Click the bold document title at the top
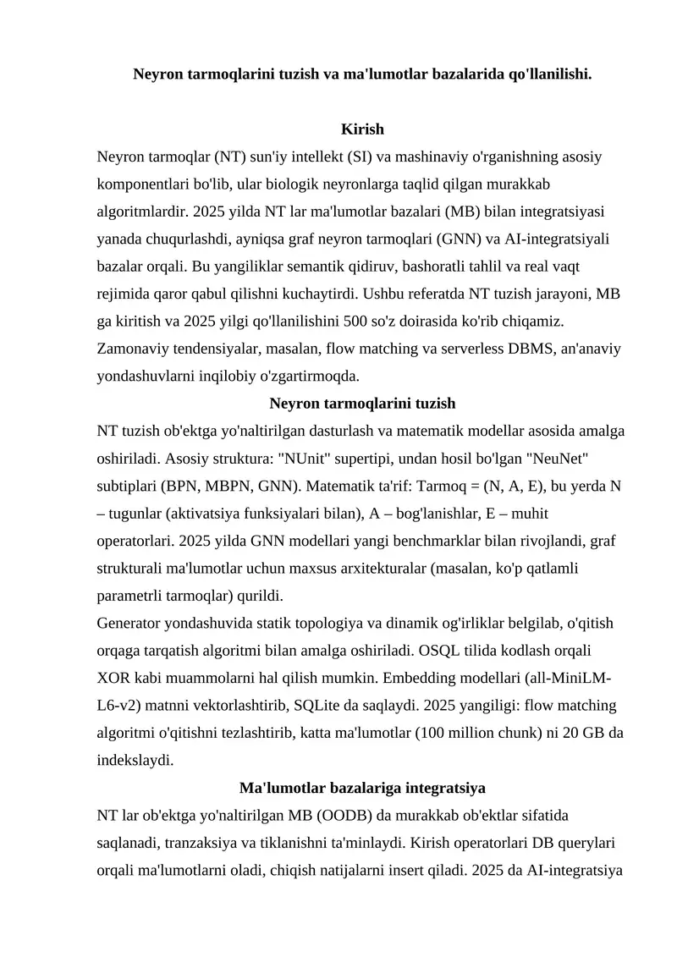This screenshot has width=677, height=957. tap(362, 74)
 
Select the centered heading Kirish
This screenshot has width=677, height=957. tap(362, 129)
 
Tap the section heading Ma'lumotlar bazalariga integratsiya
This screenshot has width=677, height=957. tap(362, 788)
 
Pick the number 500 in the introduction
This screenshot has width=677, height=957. tap(359, 322)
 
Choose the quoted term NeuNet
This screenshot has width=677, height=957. tap(555, 459)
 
